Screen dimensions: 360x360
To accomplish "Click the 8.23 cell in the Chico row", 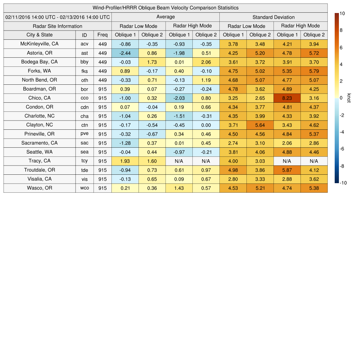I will [287, 98].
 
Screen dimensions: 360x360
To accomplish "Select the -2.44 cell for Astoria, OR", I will [125, 53].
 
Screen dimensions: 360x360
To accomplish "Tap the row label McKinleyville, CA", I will [39, 44].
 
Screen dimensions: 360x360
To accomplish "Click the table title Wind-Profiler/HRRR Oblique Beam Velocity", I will [166, 8].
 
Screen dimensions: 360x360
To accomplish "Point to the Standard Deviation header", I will [274, 17].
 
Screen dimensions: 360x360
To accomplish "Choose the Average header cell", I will [165, 17].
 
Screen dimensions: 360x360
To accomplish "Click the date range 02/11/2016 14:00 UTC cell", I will [58, 17].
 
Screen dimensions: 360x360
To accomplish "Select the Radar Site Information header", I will [58, 26].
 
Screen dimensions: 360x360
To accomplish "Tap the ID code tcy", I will [84, 161].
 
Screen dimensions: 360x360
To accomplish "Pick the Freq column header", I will [103, 35].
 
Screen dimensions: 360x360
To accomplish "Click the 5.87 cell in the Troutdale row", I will [287, 170].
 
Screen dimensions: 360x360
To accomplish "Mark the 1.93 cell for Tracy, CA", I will [125, 161].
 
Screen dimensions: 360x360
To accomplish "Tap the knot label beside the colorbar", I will [349, 98].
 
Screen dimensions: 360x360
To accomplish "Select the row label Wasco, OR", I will [39, 188].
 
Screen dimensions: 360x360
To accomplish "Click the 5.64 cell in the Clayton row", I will [260, 125].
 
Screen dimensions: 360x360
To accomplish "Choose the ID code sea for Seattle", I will [84, 152].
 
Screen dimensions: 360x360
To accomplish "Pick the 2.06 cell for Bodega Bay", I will [206, 62].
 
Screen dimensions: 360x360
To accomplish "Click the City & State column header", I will [39, 35].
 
